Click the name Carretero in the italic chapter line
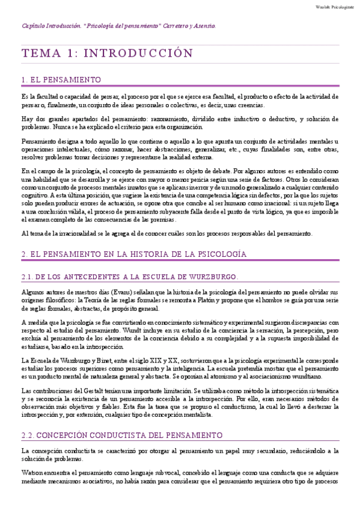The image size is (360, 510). (x=175, y=26)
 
